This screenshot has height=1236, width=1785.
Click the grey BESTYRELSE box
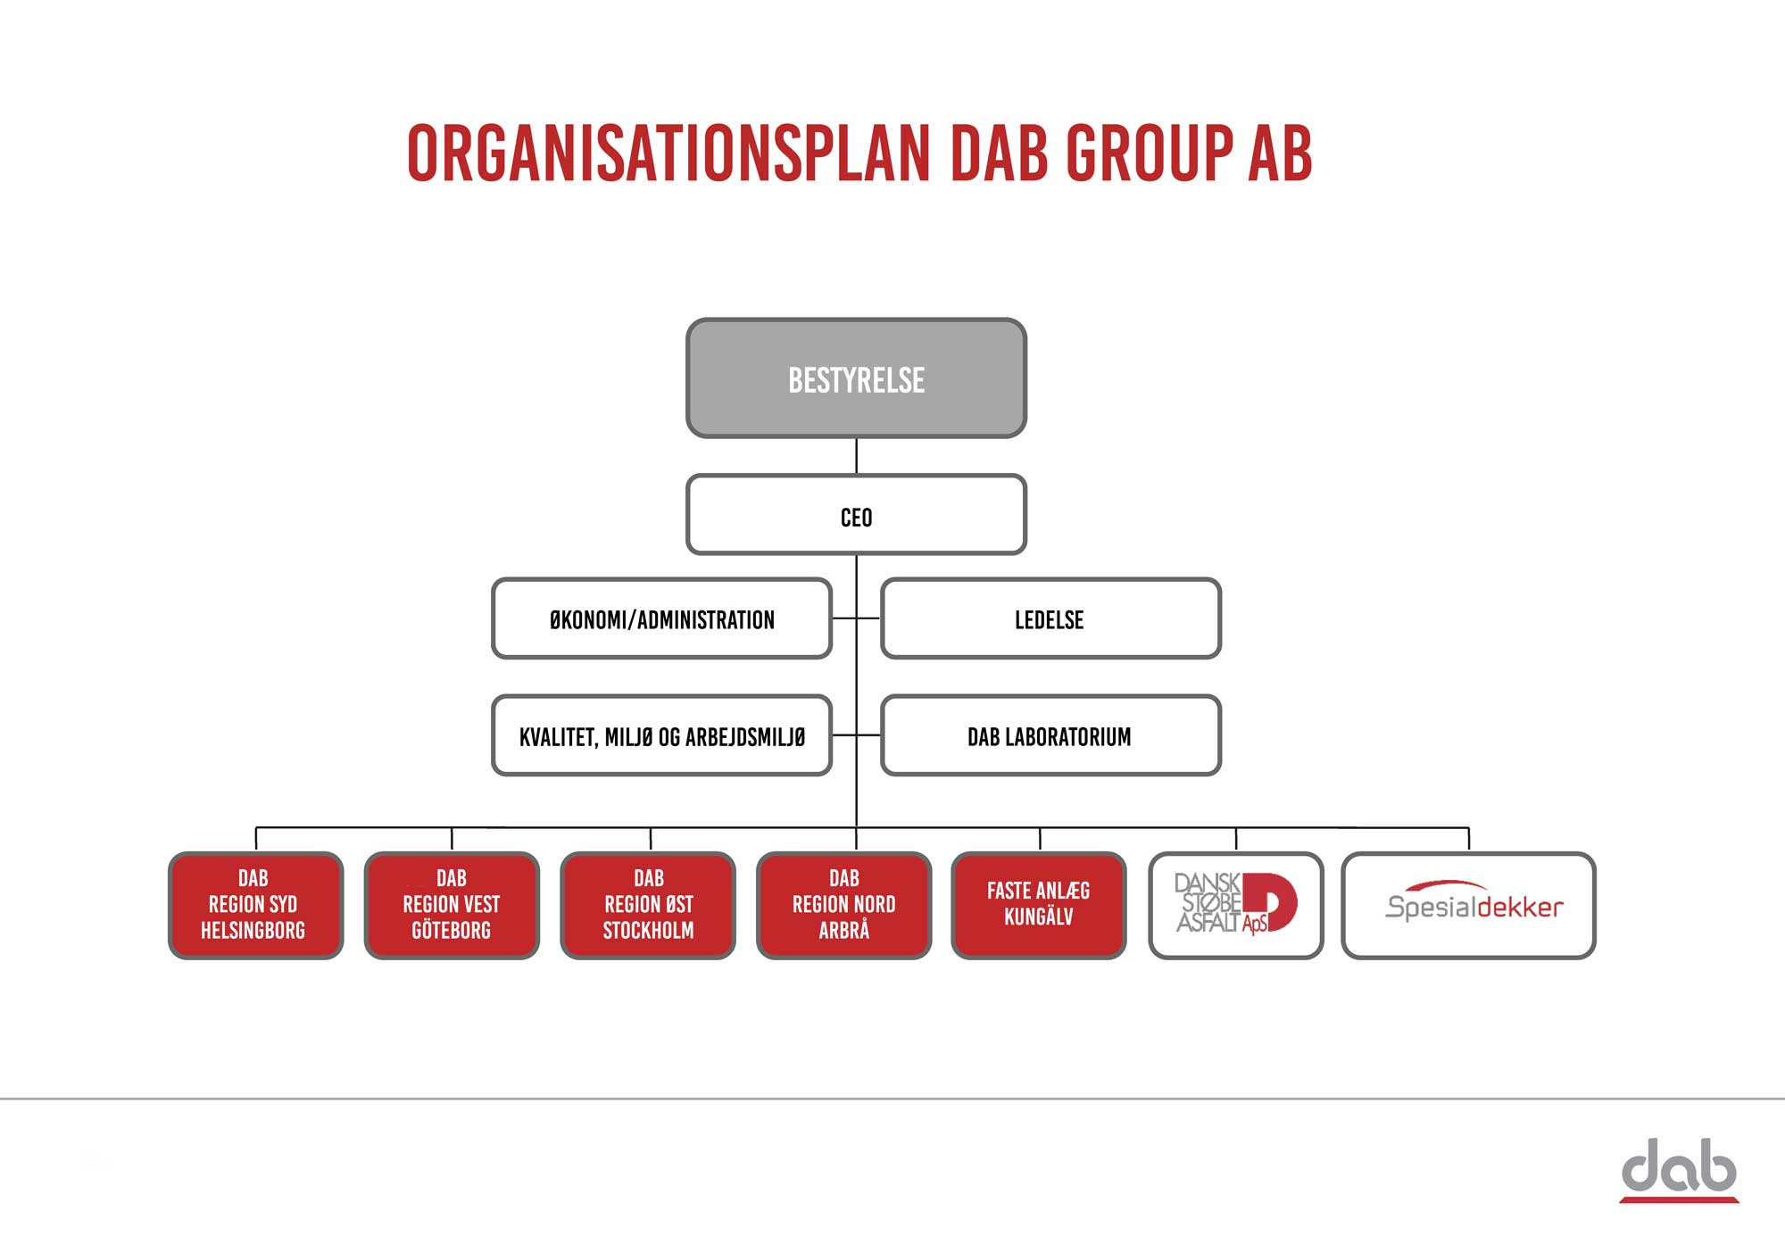click(856, 378)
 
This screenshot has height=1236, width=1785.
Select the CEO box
click(856, 515)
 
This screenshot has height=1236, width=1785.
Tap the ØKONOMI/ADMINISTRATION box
click(661, 618)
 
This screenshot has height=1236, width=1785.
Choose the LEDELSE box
click(1050, 618)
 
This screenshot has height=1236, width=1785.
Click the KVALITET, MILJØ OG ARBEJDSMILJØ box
click(661, 735)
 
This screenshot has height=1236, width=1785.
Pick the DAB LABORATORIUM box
click(1050, 735)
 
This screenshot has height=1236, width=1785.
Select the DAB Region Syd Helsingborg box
click(255, 905)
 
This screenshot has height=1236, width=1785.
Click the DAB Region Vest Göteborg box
click(452, 905)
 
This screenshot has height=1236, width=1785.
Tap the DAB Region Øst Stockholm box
click(648, 905)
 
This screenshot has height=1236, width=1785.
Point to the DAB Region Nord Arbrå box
click(843, 905)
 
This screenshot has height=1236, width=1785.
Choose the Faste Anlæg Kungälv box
click(1039, 905)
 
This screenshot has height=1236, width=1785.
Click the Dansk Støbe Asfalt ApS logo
click(1236, 903)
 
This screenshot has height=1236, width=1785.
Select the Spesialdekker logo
click(1474, 901)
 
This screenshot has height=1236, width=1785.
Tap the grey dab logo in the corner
click(1679, 1170)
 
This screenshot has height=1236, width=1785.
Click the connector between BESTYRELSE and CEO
click(856, 456)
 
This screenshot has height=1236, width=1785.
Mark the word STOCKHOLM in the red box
click(648, 931)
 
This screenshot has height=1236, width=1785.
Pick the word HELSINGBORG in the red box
click(253, 931)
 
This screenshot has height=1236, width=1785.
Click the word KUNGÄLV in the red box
click(1039, 917)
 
